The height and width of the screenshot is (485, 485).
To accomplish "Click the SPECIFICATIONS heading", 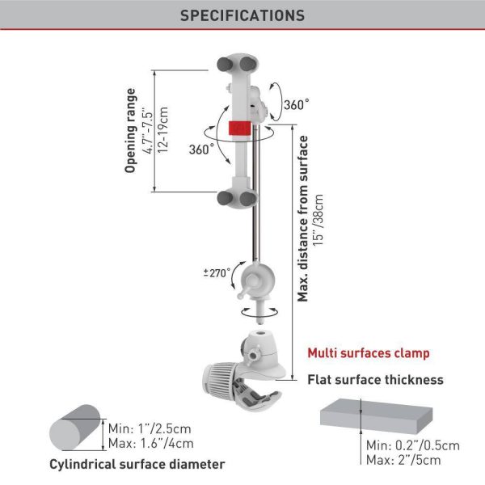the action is pos(242,15).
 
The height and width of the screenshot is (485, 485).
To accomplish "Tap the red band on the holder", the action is pos(239,128).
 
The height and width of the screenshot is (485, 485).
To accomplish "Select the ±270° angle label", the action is pos(217,273).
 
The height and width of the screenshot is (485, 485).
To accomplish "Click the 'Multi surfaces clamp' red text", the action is pos(369,353).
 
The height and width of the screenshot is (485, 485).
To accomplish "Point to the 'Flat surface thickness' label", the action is pos(375,380).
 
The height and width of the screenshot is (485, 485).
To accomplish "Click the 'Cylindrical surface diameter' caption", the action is pos(137,464).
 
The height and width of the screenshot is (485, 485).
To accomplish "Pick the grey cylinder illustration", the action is pos(75,428).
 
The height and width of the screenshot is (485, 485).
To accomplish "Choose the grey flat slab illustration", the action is pos(376,415).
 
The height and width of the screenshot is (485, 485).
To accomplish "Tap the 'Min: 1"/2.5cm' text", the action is pos(150,428).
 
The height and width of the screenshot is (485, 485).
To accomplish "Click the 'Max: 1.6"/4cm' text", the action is pos(151,444).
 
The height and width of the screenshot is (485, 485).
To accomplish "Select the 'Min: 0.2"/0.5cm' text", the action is pos(413,445).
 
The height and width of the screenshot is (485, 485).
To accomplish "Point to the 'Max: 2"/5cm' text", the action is pos(403,460).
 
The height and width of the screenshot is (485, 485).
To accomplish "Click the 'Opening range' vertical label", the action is pos(130,130).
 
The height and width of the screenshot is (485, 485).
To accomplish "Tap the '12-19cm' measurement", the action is pos(162,130).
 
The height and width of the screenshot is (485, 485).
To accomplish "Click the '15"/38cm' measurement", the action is pos(318,220).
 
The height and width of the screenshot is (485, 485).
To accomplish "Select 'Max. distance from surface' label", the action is pos(303,218).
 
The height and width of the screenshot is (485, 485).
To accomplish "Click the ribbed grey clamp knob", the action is pos(221,378).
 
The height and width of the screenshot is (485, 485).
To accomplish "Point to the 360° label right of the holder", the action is pos(297,104).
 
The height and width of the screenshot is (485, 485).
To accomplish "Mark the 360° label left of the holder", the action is pos(201,150).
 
